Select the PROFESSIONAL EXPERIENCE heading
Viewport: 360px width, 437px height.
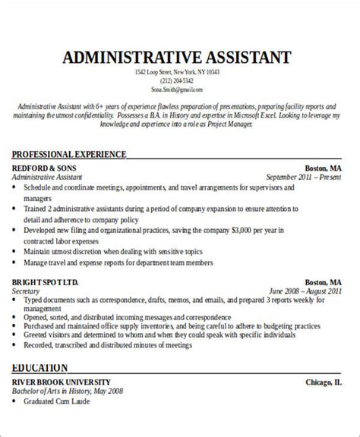point(69,154)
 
